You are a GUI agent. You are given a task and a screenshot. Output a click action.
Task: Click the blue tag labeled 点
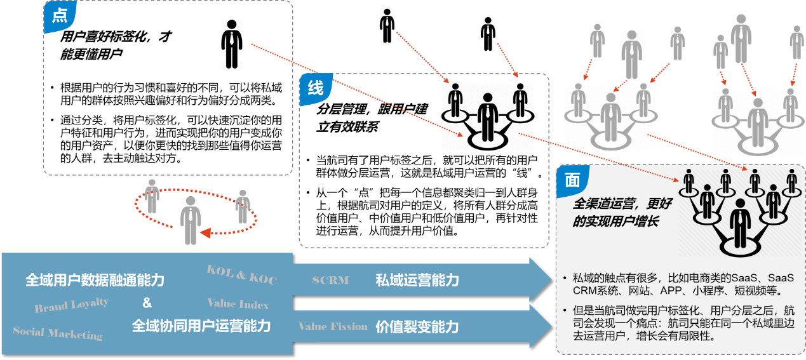pos(59,17)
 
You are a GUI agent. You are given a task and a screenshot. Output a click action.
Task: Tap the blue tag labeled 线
pos(315,88)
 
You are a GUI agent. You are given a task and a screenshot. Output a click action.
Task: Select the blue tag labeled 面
pos(572,181)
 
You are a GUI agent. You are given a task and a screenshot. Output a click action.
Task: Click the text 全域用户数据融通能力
pos(95,280)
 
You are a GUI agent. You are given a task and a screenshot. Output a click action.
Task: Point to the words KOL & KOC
pos(241,275)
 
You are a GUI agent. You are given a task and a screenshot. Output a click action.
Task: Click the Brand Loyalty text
pos(71,305)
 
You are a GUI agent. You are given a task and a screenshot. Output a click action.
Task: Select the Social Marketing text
pos(57,333)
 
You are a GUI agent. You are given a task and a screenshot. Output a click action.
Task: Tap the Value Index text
pos(238,304)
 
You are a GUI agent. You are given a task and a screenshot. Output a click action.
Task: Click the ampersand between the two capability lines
pos(147,303)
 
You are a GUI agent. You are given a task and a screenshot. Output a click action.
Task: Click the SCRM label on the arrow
pos(330,280)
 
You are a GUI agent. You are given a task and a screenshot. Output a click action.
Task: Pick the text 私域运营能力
pos(417,280)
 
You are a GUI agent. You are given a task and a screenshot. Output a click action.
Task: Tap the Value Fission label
pos(333,326)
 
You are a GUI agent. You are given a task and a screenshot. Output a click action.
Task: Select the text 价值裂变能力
pos(417,327)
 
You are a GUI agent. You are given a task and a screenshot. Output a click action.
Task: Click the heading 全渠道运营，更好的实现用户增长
pos(616,213)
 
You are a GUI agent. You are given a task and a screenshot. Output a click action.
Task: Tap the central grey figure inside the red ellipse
pos(191,219)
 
